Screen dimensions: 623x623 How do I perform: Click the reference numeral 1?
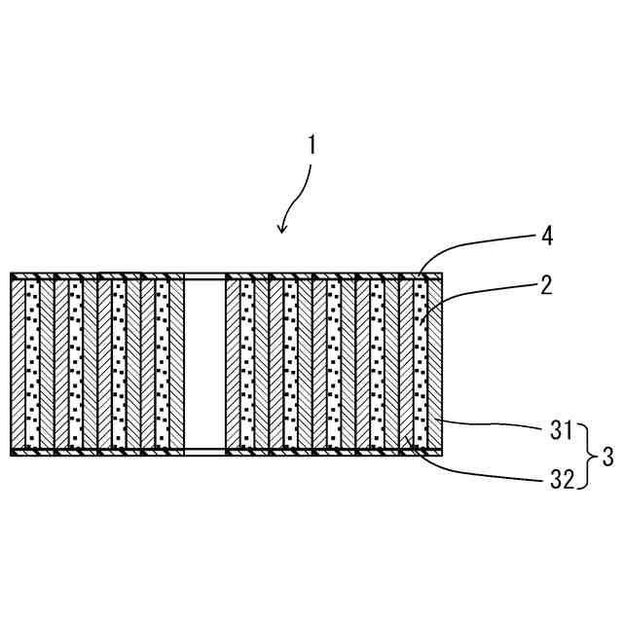[x=312, y=146]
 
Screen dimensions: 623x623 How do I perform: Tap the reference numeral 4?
[x=547, y=236]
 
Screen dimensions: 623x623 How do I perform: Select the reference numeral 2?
[x=547, y=284]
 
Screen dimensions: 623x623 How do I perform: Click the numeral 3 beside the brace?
[x=607, y=455]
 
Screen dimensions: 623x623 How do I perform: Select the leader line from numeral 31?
[x=496, y=422]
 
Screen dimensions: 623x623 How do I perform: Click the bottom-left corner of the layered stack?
[x=12, y=454]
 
